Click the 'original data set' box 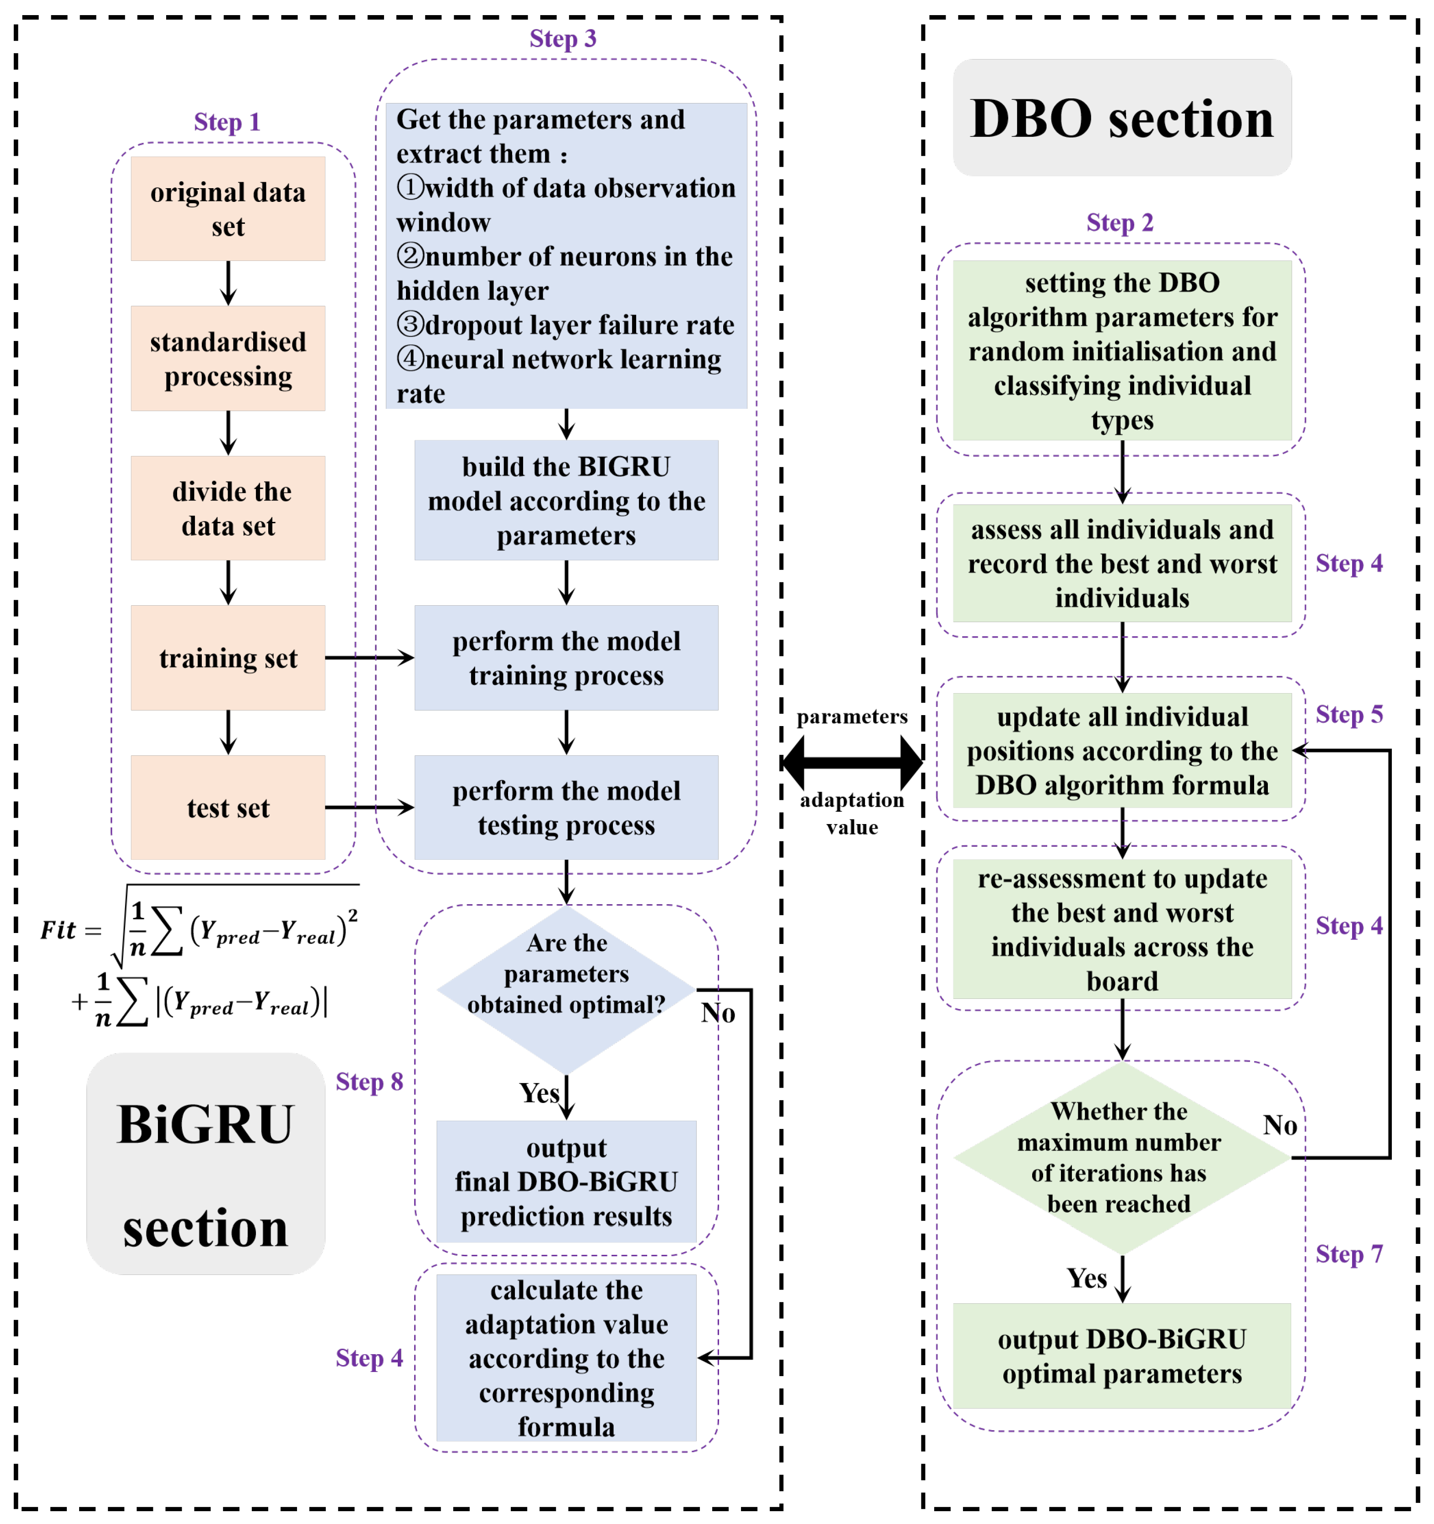point(227,208)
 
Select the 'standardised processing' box point(227,358)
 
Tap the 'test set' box point(227,807)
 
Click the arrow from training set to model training point(369,658)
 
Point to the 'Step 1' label point(227,122)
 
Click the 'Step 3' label point(563,38)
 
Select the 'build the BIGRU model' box point(566,500)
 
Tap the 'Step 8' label point(368,1082)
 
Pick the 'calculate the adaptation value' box point(566,1358)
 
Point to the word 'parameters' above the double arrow point(851,716)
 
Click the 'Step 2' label point(1119,222)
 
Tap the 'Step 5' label point(1349,715)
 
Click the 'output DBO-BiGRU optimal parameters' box point(1121,1356)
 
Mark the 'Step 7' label point(1349,1254)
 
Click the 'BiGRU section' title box point(206,1164)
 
